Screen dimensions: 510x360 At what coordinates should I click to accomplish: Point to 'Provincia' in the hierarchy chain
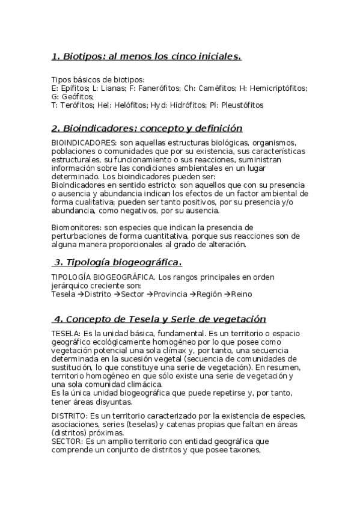[169, 294]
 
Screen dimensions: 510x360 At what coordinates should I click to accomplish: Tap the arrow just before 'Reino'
[227, 294]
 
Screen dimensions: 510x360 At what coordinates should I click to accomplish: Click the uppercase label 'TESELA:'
[67, 333]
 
